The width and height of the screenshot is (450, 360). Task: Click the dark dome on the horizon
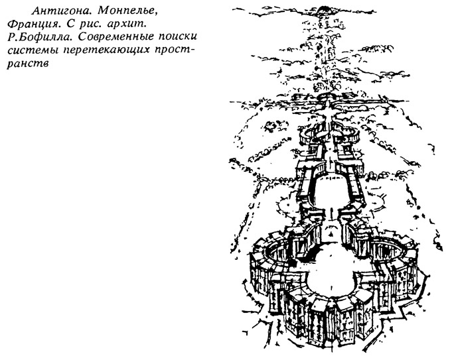click(324, 9)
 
